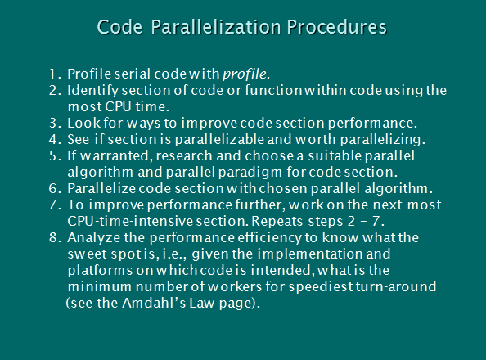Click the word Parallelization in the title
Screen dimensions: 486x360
coord(216,27)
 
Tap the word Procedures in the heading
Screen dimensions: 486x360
coord(337,27)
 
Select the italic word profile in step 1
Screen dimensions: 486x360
coord(245,74)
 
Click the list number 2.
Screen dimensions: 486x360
coord(53,91)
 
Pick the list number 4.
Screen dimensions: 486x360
coord(53,140)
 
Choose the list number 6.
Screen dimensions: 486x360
coord(53,189)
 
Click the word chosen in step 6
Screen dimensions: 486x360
coord(283,188)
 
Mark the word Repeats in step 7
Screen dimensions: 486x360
coord(277,222)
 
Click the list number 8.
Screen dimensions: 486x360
coord(53,238)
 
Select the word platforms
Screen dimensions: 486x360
coord(100,270)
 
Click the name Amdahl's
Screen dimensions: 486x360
coord(154,303)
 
